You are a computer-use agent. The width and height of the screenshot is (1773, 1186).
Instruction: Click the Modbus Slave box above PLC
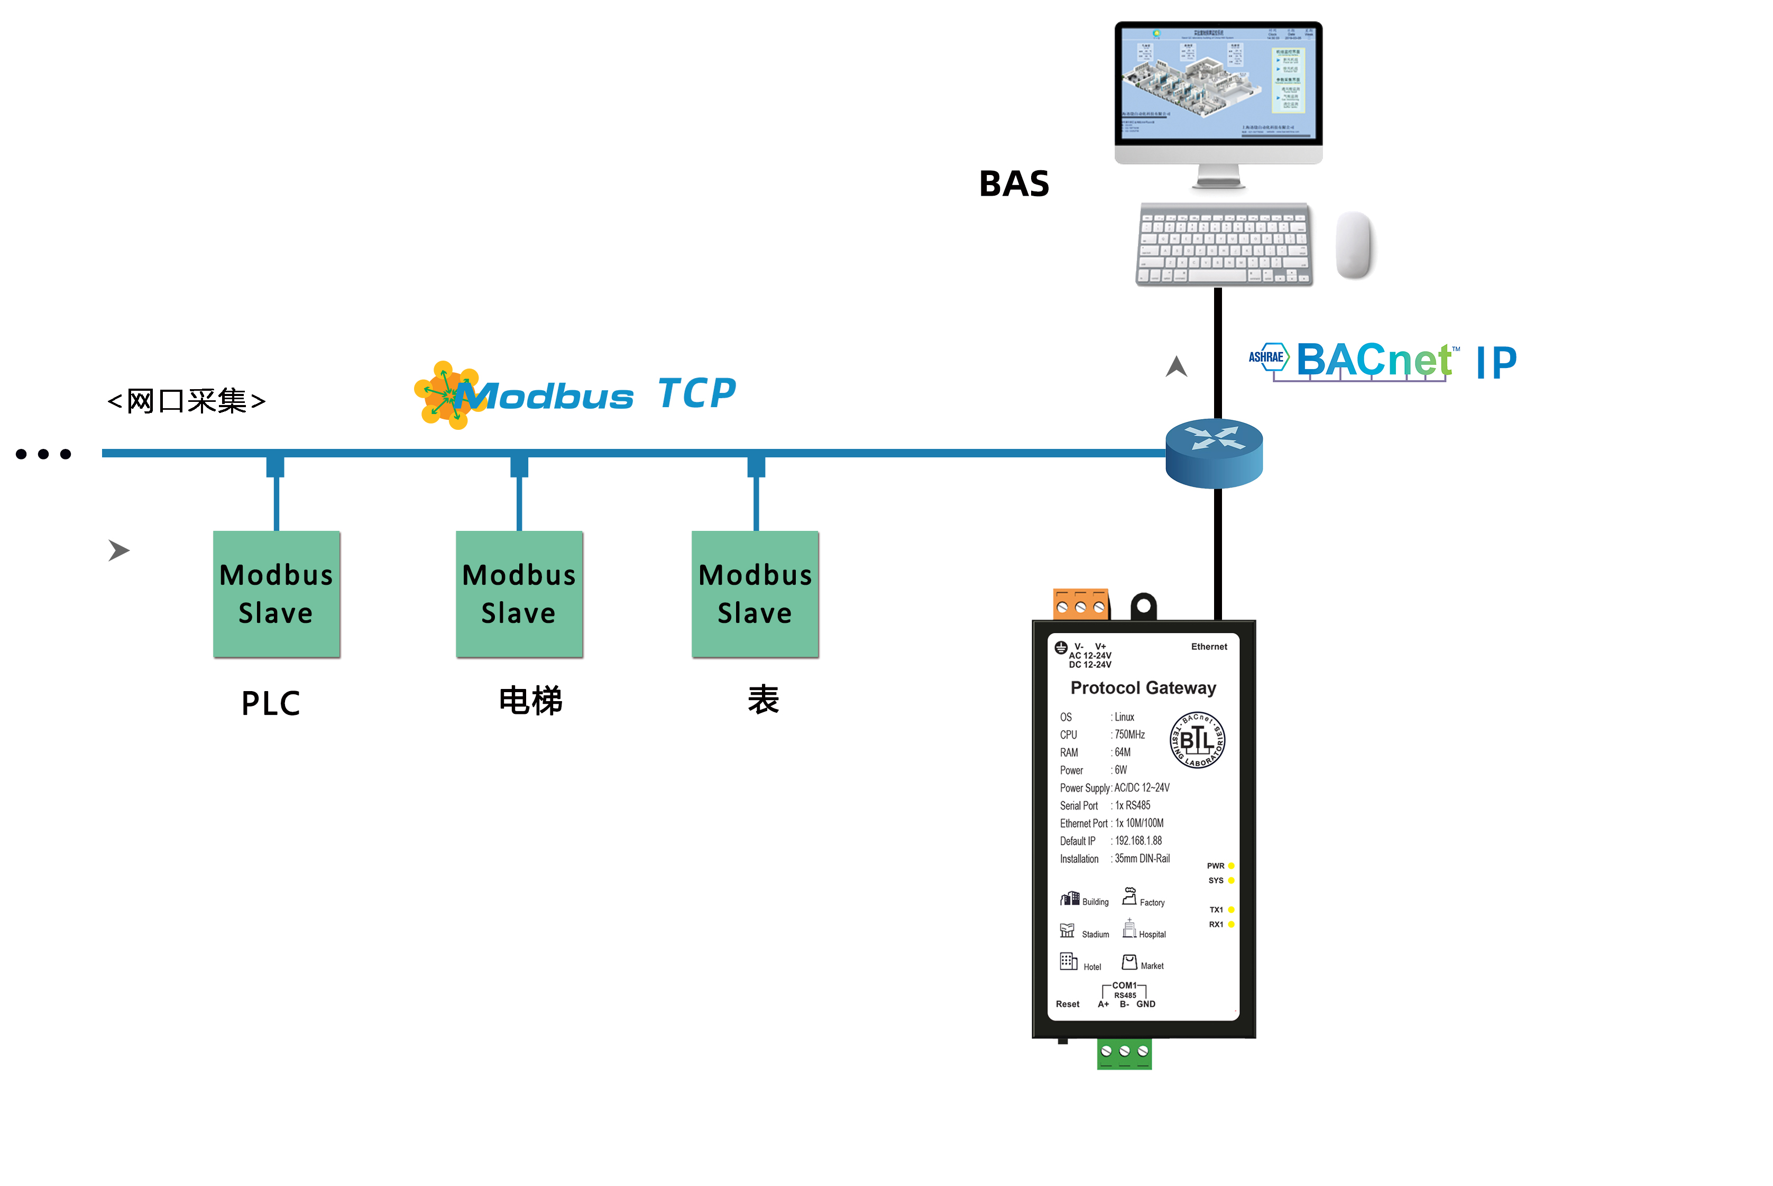coord(276,594)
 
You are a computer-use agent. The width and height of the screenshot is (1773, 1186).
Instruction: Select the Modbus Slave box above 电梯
coord(519,594)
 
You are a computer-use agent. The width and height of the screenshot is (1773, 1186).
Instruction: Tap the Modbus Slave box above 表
coord(755,594)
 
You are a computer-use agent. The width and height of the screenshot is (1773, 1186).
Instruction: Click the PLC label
coord(271,703)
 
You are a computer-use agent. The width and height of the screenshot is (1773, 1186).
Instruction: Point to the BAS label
coord(1014,184)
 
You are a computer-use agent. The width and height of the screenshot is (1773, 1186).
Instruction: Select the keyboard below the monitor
coord(1224,244)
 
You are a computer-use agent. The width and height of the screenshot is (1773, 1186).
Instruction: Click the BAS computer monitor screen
coord(1218,83)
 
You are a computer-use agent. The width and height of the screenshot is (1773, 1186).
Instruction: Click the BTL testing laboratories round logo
coord(1197,740)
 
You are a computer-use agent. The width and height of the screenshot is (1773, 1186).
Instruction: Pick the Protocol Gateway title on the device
coord(1143,687)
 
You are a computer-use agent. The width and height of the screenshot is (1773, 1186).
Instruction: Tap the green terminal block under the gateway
coord(1124,1053)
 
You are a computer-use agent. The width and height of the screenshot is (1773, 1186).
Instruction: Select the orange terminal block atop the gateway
coord(1080,604)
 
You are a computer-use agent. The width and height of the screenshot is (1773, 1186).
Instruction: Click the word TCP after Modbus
coord(696,393)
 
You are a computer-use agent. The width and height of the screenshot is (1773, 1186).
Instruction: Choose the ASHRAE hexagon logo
coord(1267,357)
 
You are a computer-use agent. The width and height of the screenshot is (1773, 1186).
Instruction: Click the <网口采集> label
coord(186,401)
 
